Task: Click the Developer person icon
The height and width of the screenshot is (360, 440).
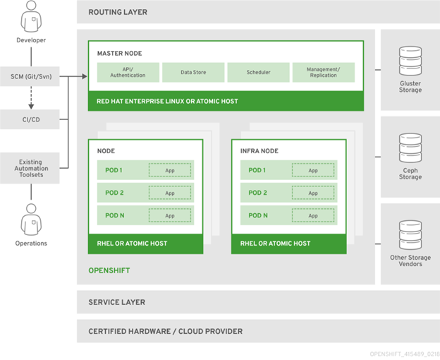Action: [x=31, y=18]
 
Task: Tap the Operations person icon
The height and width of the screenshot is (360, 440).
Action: [x=31, y=220]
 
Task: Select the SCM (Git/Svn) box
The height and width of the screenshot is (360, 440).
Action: [x=31, y=76]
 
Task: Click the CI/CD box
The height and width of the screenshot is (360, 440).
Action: [x=31, y=119]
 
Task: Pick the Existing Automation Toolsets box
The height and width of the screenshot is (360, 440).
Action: [x=31, y=168]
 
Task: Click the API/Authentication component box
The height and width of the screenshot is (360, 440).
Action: [x=128, y=72]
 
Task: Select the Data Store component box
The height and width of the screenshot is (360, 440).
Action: [x=193, y=72]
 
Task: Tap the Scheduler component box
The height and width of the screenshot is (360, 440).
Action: [x=258, y=72]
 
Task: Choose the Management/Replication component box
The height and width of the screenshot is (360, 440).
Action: [x=323, y=72]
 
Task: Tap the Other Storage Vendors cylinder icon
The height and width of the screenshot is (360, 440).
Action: [x=410, y=234]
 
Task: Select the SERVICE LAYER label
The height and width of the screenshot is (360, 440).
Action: [x=116, y=302]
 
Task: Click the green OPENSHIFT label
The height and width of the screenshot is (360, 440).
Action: [x=109, y=270]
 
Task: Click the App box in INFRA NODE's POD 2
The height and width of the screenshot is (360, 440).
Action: [x=312, y=193]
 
